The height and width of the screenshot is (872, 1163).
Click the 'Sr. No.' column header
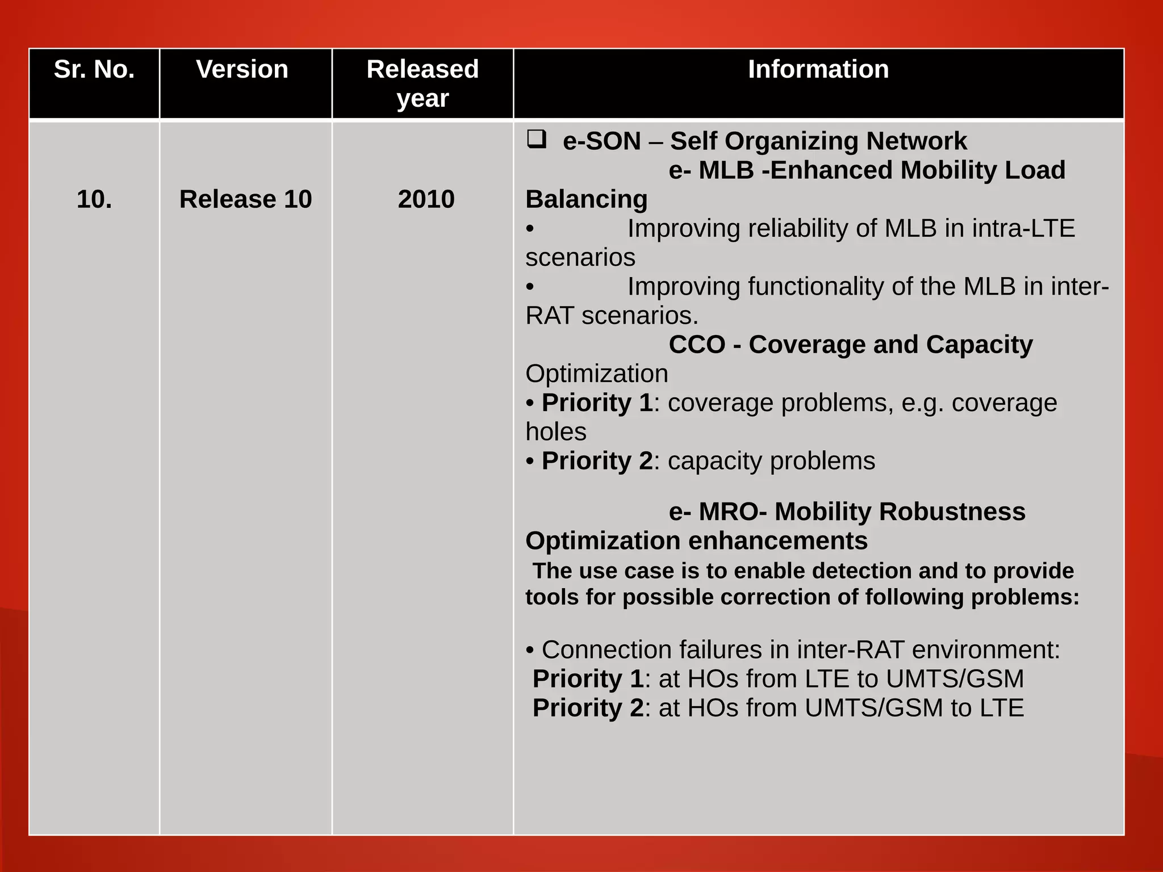(x=94, y=69)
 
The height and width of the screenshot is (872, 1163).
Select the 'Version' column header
(x=242, y=69)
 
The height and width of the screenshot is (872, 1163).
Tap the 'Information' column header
(x=818, y=69)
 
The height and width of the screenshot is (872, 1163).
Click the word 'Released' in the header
(x=422, y=69)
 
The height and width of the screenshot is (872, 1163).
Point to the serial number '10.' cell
(x=94, y=199)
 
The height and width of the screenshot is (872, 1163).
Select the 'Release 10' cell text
(x=245, y=199)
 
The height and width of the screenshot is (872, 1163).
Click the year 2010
(x=426, y=199)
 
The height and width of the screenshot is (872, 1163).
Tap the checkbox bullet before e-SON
(x=536, y=139)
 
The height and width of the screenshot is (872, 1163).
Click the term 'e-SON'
(x=601, y=141)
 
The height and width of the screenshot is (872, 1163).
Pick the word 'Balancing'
(x=586, y=199)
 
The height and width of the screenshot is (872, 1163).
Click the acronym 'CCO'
(x=697, y=345)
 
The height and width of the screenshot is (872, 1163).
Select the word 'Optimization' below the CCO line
(x=596, y=374)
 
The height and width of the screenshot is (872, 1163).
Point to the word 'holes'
(x=555, y=432)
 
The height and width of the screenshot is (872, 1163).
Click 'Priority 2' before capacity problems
(x=597, y=461)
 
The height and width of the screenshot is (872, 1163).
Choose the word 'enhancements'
(x=778, y=541)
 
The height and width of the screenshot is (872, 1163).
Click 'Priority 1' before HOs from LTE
(x=588, y=679)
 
